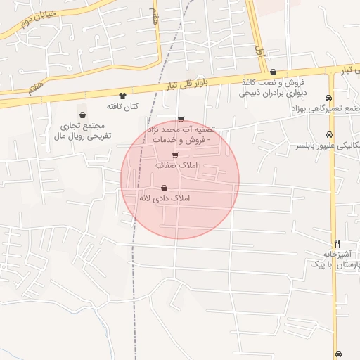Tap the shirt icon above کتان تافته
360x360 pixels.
(x=123, y=96)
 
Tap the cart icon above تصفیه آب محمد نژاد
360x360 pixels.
(x=181, y=120)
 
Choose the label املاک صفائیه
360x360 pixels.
(x=176, y=165)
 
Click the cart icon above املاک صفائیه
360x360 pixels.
(x=175, y=155)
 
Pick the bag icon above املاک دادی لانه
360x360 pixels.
(x=164, y=188)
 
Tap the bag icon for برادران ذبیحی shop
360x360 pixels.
(x=273, y=72)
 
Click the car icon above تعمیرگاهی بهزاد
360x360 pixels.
(x=328, y=98)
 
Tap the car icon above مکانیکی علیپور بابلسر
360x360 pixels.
(x=329, y=134)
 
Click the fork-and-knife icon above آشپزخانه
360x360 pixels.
(x=337, y=243)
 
